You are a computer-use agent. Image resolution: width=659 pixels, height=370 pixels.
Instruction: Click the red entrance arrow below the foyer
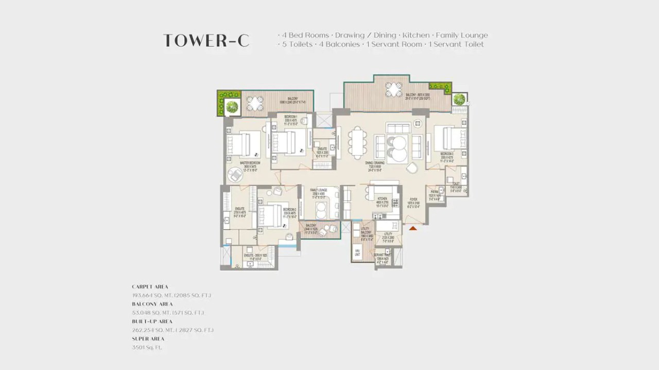(413, 228)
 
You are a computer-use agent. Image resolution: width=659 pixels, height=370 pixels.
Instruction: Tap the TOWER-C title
(206, 41)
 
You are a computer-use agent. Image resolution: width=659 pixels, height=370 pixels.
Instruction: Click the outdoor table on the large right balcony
(394, 89)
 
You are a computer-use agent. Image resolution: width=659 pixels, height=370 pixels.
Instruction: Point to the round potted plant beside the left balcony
(231, 107)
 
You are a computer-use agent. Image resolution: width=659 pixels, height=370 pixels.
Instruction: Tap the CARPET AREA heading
(150, 287)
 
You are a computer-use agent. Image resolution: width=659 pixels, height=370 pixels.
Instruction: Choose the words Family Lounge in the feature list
(462, 35)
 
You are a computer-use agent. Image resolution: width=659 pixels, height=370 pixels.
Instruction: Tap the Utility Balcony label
(366, 234)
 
